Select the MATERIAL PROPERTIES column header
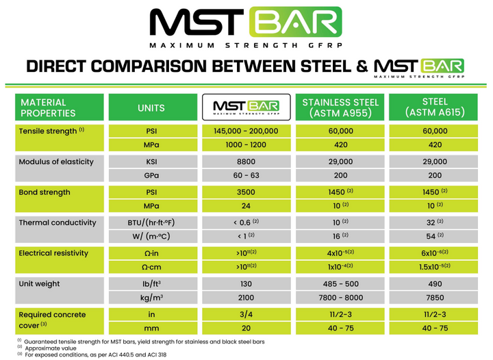click(60, 107)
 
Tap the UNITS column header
click(151, 107)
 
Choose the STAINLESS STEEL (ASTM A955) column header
click(341, 107)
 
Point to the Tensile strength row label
click(51, 130)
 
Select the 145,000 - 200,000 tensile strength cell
click(246, 130)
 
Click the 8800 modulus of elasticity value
click(246, 162)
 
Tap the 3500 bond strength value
click(246, 192)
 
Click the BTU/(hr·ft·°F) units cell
click(151, 222)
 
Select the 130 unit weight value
click(246, 283)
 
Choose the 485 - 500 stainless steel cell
click(341, 283)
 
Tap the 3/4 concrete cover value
click(246, 314)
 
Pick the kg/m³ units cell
click(151, 298)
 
